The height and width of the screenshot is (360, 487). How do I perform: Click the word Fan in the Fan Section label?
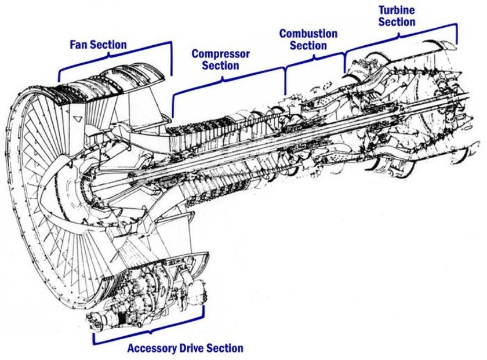click(80, 45)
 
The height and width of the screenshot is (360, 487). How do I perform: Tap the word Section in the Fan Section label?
click(108, 45)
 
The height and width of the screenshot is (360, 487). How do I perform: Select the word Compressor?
click(221, 54)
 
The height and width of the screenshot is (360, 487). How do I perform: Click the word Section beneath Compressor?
click(221, 66)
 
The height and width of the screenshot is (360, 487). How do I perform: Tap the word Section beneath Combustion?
click(308, 45)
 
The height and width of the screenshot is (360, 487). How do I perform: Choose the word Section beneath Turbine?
click(397, 22)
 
